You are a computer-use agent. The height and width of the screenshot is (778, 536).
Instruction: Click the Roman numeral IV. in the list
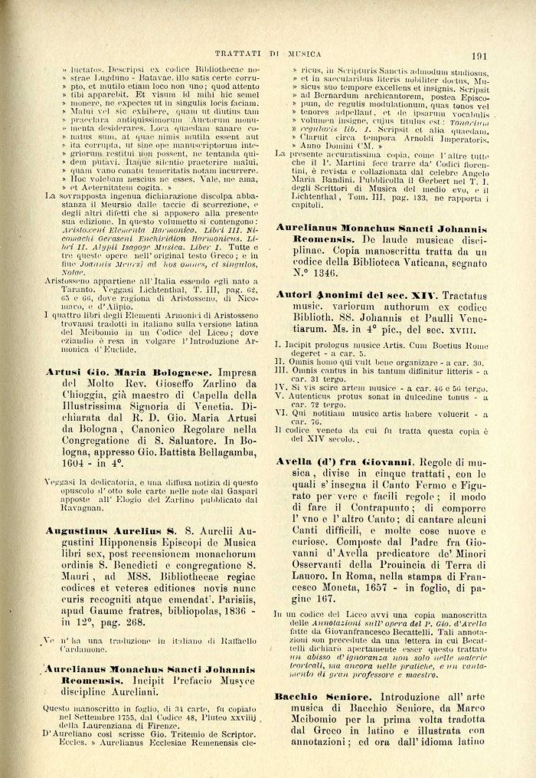point(282,389)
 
